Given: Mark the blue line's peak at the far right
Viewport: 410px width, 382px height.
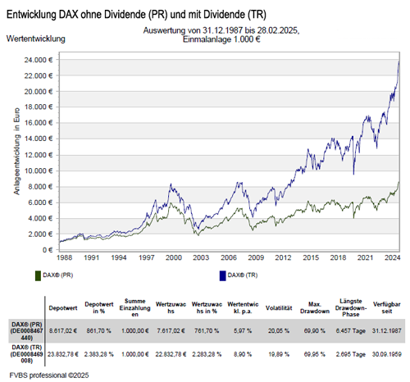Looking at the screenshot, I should [x=399, y=61].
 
